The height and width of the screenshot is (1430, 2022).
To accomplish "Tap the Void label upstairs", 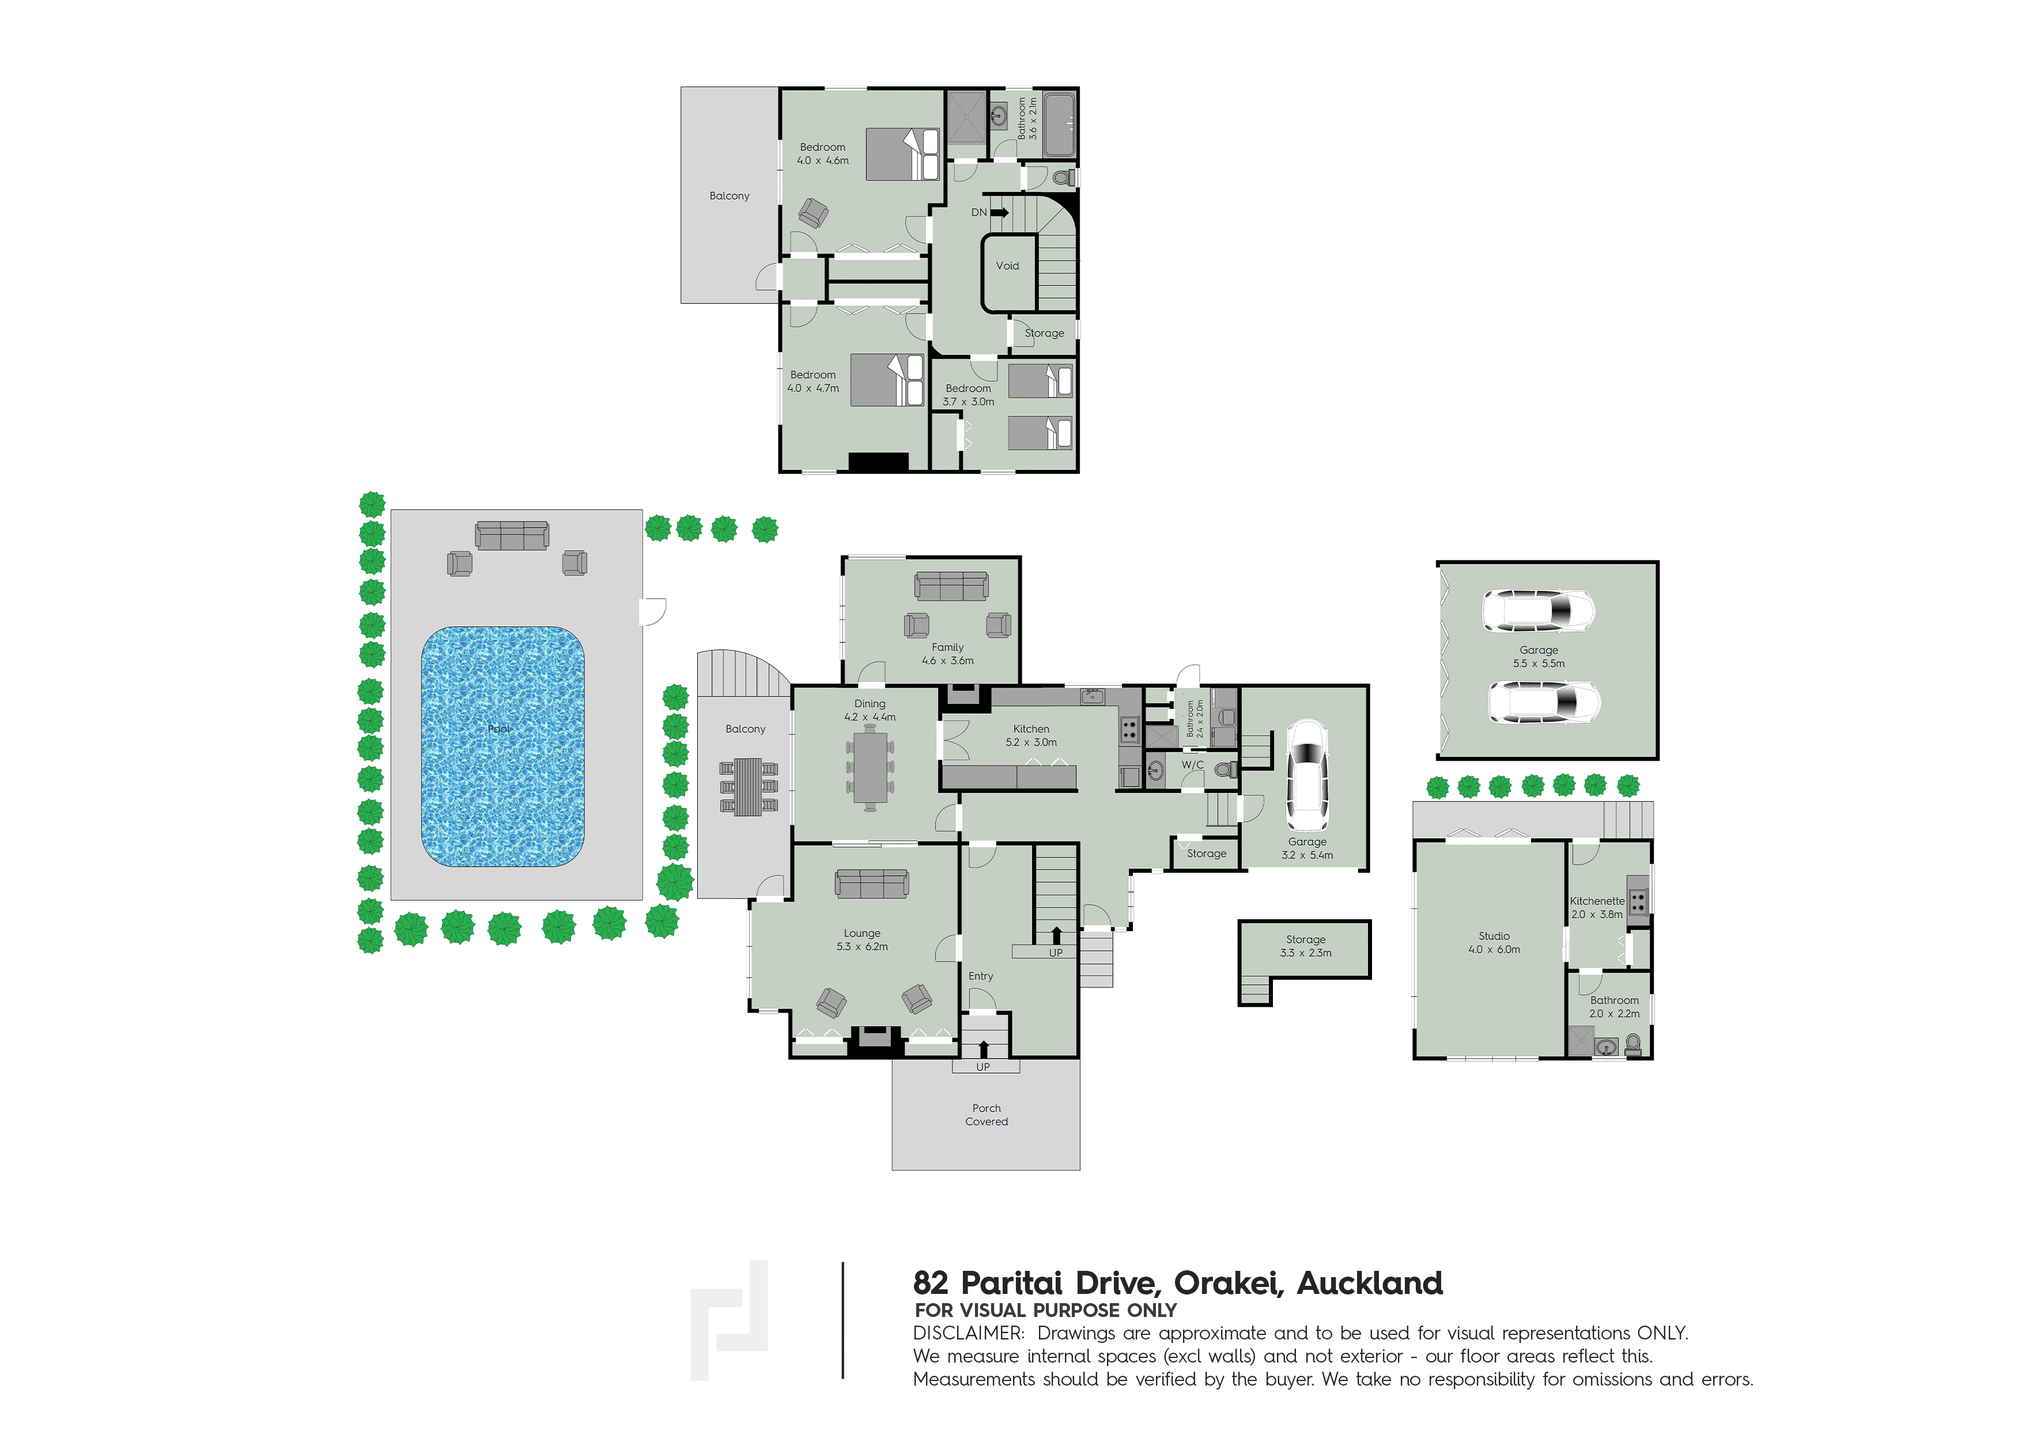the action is coord(1007,266).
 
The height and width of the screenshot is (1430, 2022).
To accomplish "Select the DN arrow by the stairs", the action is coord(1000,212).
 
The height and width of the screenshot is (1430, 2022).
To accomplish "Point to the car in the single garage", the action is coord(1307,776).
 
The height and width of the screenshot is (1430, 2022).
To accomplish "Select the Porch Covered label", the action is coord(987,1115).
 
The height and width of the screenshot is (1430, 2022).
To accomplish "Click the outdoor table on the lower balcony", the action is coord(749,787).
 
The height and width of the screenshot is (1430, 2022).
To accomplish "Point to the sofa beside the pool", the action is coord(512,536).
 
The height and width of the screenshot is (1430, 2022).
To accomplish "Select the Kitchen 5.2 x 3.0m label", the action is coord(1031,736).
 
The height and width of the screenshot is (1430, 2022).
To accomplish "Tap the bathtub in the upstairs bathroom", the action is coord(1060,124).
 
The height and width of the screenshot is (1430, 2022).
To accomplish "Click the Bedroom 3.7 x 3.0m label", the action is coord(968,395).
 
